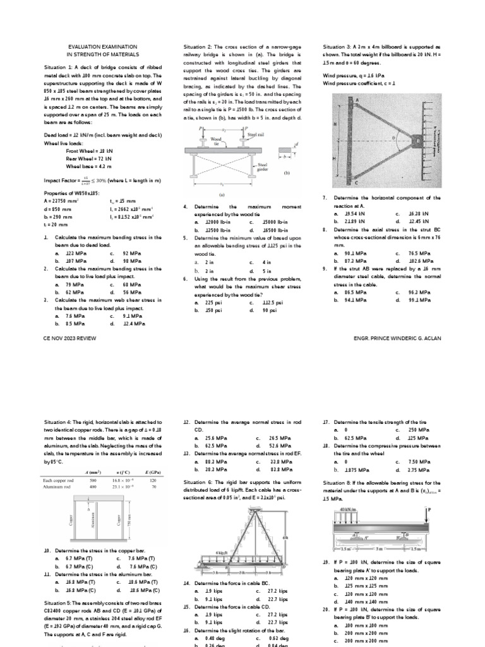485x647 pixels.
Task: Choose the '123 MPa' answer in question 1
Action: coord(69,253)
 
